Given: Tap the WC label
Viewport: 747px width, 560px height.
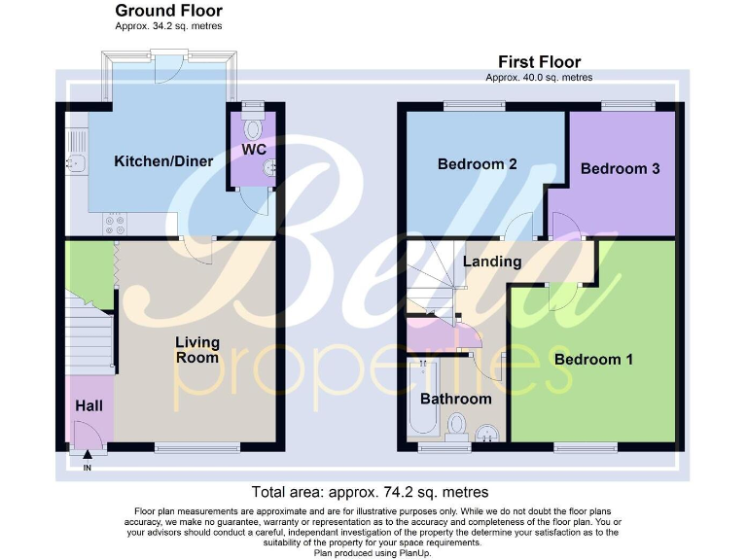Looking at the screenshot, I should (255, 150).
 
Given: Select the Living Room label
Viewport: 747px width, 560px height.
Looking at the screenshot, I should (197, 350).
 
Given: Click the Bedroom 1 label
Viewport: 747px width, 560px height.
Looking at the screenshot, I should (593, 360).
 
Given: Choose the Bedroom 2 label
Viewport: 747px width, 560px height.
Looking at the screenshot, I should (477, 163).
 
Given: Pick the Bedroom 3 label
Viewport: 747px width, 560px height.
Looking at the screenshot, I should (621, 168).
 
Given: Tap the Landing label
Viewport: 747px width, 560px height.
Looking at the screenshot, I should (491, 262).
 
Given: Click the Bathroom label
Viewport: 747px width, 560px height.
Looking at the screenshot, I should (455, 399).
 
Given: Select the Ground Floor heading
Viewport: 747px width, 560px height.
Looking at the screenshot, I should (168, 11).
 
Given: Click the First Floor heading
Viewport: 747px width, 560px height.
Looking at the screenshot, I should (539, 60).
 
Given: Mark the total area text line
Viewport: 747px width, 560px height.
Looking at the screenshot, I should (370, 493).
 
